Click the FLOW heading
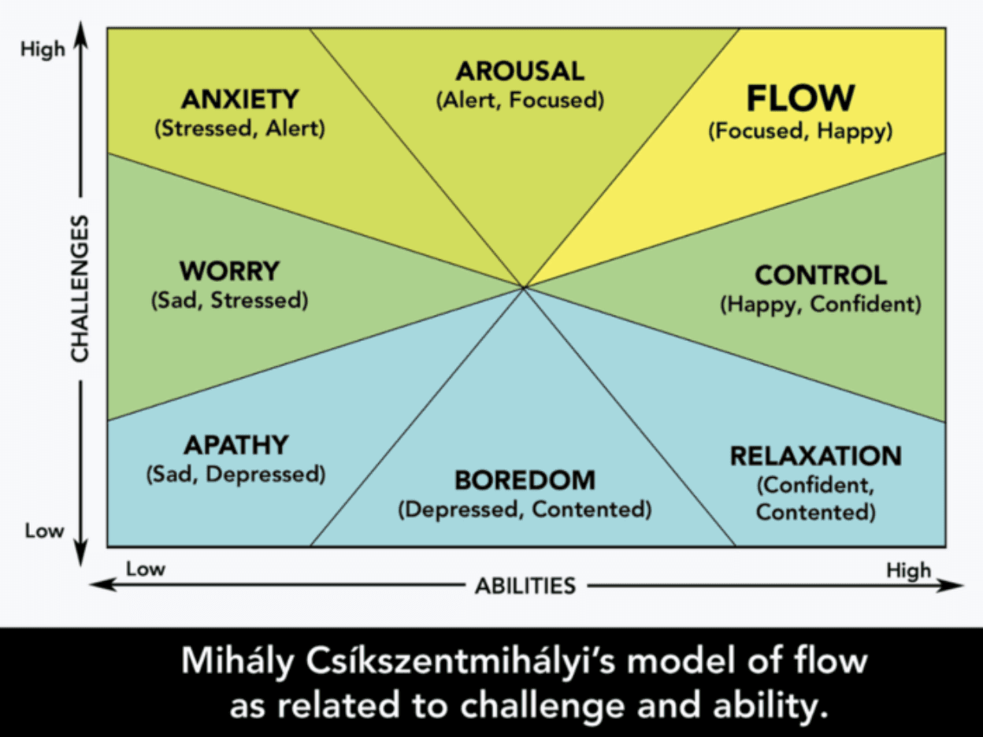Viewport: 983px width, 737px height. (x=800, y=98)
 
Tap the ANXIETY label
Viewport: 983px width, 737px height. (x=239, y=99)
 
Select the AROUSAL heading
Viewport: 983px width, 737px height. (x=520, y=72)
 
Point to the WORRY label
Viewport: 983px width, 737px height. (x=229, y=271)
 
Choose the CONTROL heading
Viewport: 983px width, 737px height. (x=821, y=276)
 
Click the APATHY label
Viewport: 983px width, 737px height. (x=236, y=445)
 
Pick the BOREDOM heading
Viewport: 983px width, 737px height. (x=525, y=480)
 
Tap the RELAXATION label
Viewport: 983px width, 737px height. (x=816, y=456)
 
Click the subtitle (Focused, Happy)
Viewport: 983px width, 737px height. (x=800, y=131)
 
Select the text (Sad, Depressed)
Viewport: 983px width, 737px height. (x=236, y=475)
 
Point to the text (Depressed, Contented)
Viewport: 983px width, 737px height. (x=525, y=509)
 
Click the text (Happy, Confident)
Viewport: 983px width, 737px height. (x=821, y=305)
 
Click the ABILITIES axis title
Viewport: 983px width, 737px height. (x=525, y=586)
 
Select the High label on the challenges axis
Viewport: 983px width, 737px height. (x=43, y=49)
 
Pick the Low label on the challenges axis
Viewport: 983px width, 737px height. (x=43, y=531)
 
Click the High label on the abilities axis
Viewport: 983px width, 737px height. (x=908, y=569)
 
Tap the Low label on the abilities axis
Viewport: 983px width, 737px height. (x=146, y=568)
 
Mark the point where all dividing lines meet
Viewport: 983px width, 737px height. (x=524, y=287)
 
